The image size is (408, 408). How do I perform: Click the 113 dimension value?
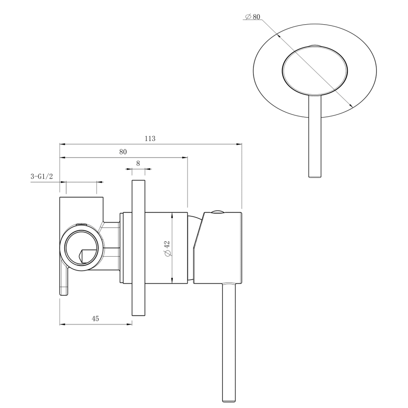(150, 139)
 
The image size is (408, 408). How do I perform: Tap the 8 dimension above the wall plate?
(138, 164)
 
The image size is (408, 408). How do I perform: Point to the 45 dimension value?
(95, 319)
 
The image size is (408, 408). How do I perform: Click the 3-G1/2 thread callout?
(42, 177)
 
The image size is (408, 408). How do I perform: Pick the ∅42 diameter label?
(167, 248)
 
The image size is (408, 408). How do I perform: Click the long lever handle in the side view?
(229, 341)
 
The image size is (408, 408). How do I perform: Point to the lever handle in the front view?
(315, 136)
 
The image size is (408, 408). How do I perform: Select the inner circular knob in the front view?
(315, 69)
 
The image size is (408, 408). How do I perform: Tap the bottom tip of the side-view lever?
(229, 400)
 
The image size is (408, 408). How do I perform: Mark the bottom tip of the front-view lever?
(315, 176)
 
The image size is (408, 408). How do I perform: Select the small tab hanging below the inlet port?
(64, 282)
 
